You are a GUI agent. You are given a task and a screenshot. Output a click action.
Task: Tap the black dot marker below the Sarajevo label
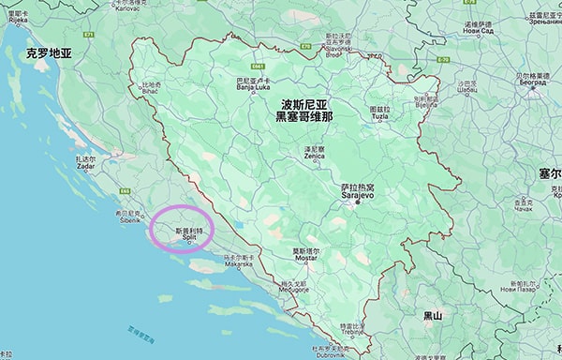click(x=357, y=203)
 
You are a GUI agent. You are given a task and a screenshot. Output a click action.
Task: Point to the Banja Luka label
click(x=249, y=87)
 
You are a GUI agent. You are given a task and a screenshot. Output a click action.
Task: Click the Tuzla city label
click(x=379, y=113)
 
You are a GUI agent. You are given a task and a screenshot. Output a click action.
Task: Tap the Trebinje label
click(x=352, y=330)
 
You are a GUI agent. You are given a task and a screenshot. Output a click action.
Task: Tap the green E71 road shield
click(x=90, y=35)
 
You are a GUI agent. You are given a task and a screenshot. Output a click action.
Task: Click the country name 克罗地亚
click(x=49, y=53)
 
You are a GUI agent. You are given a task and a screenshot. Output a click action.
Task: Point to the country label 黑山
click(x=432, y=316)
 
